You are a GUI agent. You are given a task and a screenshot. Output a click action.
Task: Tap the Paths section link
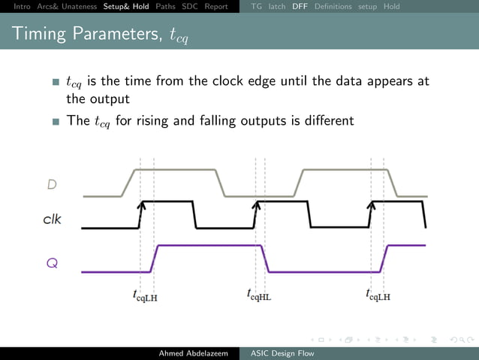coord(166,7)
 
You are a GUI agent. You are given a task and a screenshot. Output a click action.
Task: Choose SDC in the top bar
coord(190,7)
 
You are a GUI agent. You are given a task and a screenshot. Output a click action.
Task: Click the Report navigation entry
coord(216,7)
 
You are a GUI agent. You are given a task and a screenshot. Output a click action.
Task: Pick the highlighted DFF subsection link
coord(300,7)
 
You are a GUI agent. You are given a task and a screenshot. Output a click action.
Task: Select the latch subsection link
coord(277,7)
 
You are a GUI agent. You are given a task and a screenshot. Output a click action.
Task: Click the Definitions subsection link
coord(333,7)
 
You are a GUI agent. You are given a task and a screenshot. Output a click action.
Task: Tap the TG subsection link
coord(256,7)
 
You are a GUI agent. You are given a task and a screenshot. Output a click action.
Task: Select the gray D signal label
coord(52,184)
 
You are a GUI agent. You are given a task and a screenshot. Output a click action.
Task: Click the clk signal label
coord(52,220)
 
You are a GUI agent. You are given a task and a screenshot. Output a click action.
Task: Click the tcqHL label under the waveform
coord(259,295)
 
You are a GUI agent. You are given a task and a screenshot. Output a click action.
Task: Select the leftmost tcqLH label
coord(145,295)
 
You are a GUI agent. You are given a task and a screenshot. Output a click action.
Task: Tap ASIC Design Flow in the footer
coord(282,353)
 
